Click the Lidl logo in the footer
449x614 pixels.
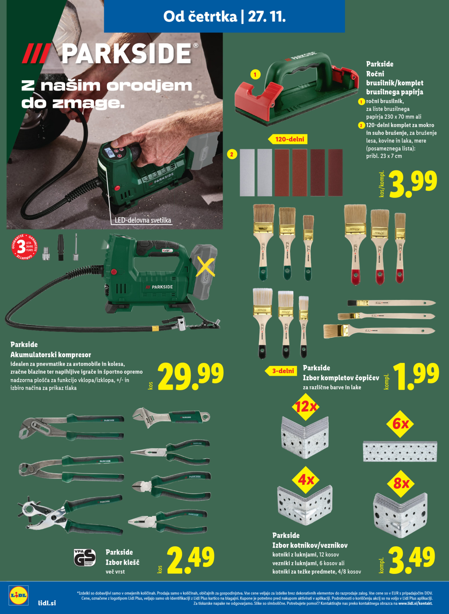click(18, 595)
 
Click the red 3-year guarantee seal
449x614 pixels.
click(24, 246)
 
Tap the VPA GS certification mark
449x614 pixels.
click(85, 558)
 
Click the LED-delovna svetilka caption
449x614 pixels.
click(143, 220)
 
